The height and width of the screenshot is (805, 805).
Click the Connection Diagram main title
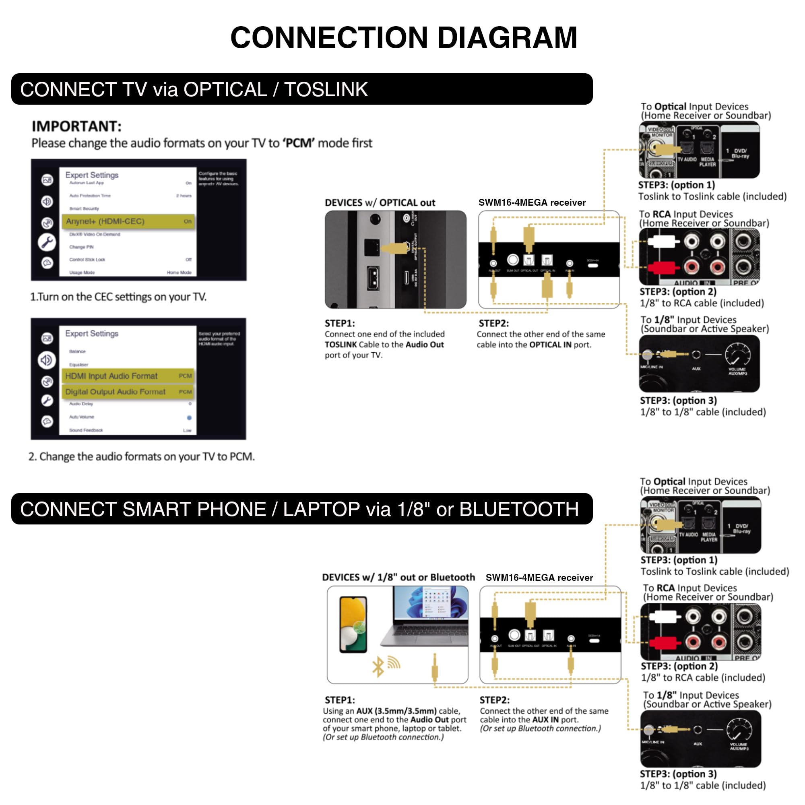403,37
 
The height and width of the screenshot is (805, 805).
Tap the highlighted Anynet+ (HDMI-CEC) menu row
128,221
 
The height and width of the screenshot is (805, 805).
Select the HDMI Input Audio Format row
128,376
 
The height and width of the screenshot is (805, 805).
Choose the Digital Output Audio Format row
128,392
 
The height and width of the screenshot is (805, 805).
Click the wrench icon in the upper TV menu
47,242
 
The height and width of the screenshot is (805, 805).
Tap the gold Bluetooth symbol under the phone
378,667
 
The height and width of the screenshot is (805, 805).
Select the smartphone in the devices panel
353,624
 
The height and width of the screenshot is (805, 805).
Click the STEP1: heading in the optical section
340,323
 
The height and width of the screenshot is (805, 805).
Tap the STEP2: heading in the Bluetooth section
494,700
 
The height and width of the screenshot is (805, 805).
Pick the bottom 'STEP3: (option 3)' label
678,774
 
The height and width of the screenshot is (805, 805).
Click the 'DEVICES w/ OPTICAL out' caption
380,203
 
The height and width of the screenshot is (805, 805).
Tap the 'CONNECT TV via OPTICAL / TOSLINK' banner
194,90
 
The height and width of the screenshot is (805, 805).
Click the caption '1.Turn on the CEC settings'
118,297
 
